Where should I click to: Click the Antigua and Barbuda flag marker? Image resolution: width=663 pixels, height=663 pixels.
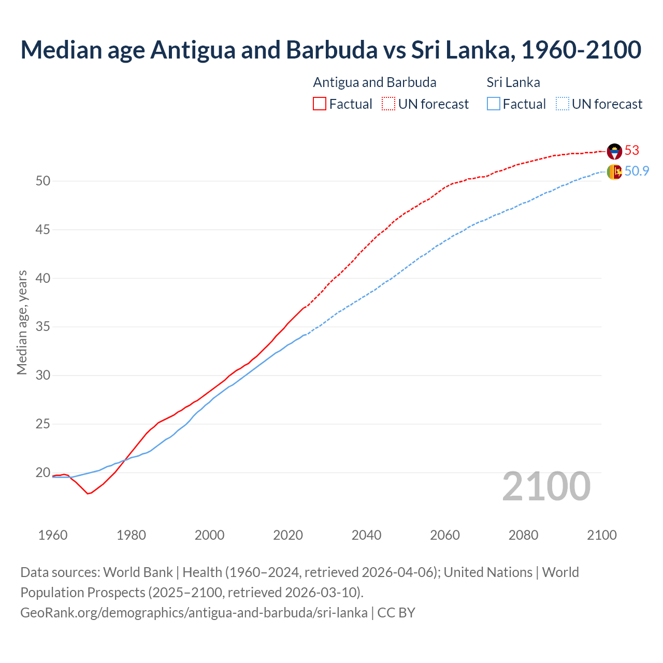click(614, 151)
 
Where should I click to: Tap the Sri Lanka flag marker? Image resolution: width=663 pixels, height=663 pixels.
click(614, 172)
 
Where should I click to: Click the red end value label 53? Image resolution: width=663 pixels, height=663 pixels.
click(632, 151)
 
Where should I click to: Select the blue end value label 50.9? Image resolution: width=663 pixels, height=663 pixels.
click(637, 171)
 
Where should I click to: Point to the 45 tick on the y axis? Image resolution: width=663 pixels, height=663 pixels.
click(43, 229)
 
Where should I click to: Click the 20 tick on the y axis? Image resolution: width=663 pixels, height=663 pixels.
click(43, 473)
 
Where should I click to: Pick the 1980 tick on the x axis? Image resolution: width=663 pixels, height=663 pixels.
click(131, 535)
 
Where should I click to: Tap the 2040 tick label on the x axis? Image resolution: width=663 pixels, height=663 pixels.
click(366, 535)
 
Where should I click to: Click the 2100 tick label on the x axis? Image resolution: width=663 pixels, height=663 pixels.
click(601, 535)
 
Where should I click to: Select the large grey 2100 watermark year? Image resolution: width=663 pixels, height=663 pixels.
click(546, 486)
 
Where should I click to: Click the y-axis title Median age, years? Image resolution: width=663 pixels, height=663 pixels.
click(22, 322)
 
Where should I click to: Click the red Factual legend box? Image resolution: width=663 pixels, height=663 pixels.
click(320, 104)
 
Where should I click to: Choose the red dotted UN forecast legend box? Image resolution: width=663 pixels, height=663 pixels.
click(388, 104)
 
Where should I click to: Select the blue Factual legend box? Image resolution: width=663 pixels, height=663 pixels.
click(494, 104)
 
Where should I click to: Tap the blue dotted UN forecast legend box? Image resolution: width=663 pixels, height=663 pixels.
click(562, 104)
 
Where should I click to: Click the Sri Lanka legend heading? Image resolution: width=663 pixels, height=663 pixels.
click(513, 82)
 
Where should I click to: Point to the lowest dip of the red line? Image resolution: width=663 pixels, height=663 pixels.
click(88, 494)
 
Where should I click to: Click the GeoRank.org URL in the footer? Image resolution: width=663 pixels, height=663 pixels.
click(194, 613)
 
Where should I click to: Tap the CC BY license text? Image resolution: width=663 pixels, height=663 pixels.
click(396, 613)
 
